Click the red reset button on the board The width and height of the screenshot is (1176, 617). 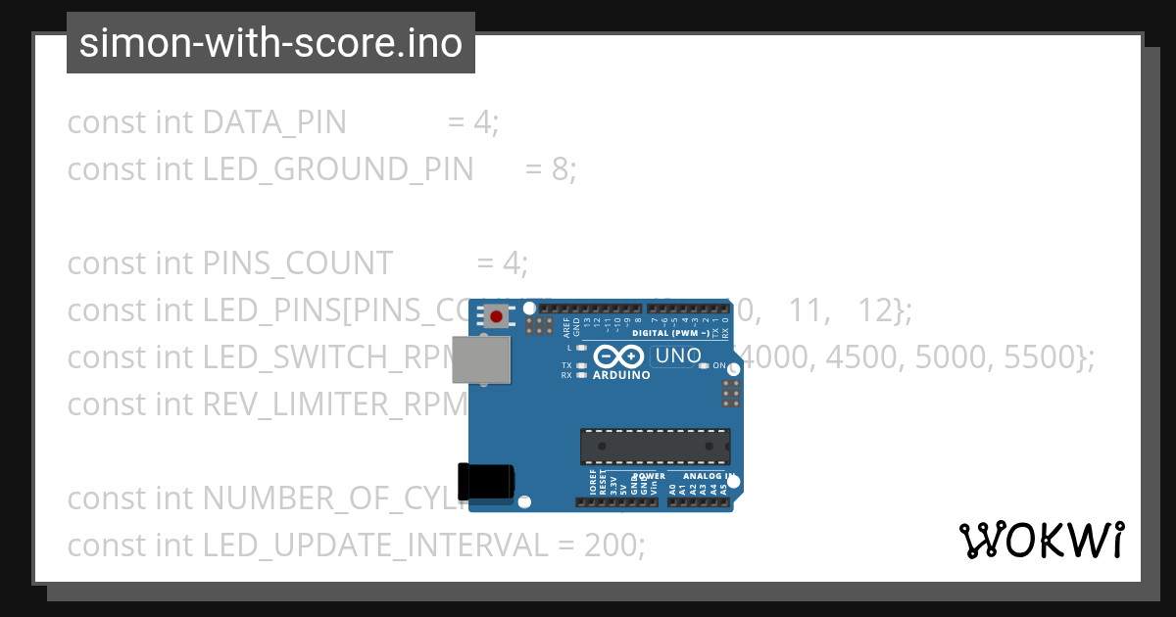click(x=497, y=316)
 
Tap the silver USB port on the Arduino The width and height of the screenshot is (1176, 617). click(x=481, y=361)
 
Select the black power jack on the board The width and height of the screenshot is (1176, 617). click(x=486, y=481)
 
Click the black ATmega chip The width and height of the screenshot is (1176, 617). click(x=655, y=446)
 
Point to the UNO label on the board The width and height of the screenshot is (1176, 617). click(x=676, y=356)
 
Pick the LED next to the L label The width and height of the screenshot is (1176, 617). click(x=581, y=348)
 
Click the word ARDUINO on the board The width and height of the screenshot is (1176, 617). click(x=621, y=375)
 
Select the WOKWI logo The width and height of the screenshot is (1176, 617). click(x=1041, y=540)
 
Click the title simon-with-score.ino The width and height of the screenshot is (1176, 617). click(x=270, y=43)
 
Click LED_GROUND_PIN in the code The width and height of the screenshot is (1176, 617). click(x=337, y=169)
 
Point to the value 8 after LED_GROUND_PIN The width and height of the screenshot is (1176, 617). click(x=560, y=169)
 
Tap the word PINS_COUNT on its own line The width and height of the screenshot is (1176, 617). click(x=297, y=263)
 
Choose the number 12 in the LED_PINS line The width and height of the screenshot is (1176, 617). click(x=875, y=310)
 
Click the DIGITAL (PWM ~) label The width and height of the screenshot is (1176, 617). click(x=670, y=333)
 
